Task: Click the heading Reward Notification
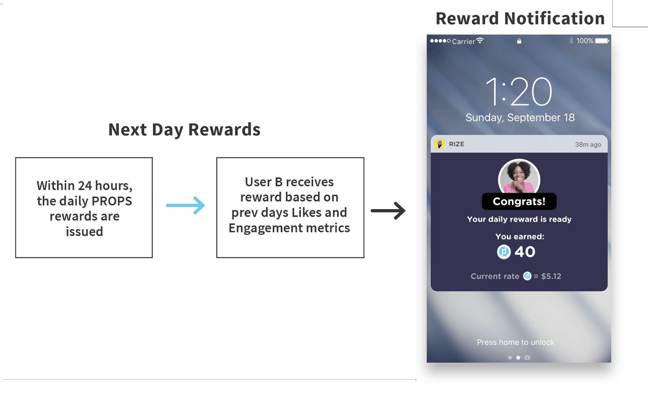(520, 18)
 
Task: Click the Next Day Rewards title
(184, 129)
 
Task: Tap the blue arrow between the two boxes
(185, 205)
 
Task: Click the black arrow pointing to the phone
(388, 210)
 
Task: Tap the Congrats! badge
(519, 201)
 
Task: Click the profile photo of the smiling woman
(519, 176)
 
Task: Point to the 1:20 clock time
(519, 92)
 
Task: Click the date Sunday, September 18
(520, 118)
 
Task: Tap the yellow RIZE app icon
(440, 144)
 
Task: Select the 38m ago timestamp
(588, 144)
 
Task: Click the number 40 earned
(525, 252)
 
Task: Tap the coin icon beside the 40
(504, 252)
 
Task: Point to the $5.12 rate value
(551, 276)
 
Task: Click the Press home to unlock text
(516, 342)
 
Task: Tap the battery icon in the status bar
(602, 41)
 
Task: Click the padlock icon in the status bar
(519, 41)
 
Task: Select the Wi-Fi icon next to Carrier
(480, 41)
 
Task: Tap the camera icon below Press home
(527, 358)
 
